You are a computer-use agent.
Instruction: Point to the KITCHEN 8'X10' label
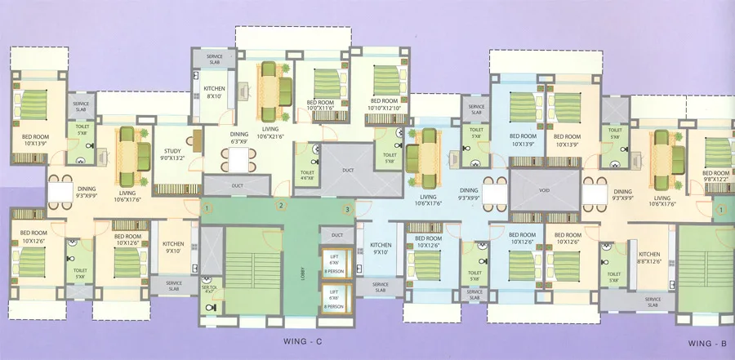(x=215, y=92)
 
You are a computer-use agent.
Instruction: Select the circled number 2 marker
(x=280, y=207)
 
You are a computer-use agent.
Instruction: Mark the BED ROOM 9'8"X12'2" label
(x=715, y=176)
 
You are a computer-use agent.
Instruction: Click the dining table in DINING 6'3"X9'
(x=237, y=161)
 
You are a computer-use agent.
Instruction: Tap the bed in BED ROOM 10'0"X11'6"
(x=327, y=82)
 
